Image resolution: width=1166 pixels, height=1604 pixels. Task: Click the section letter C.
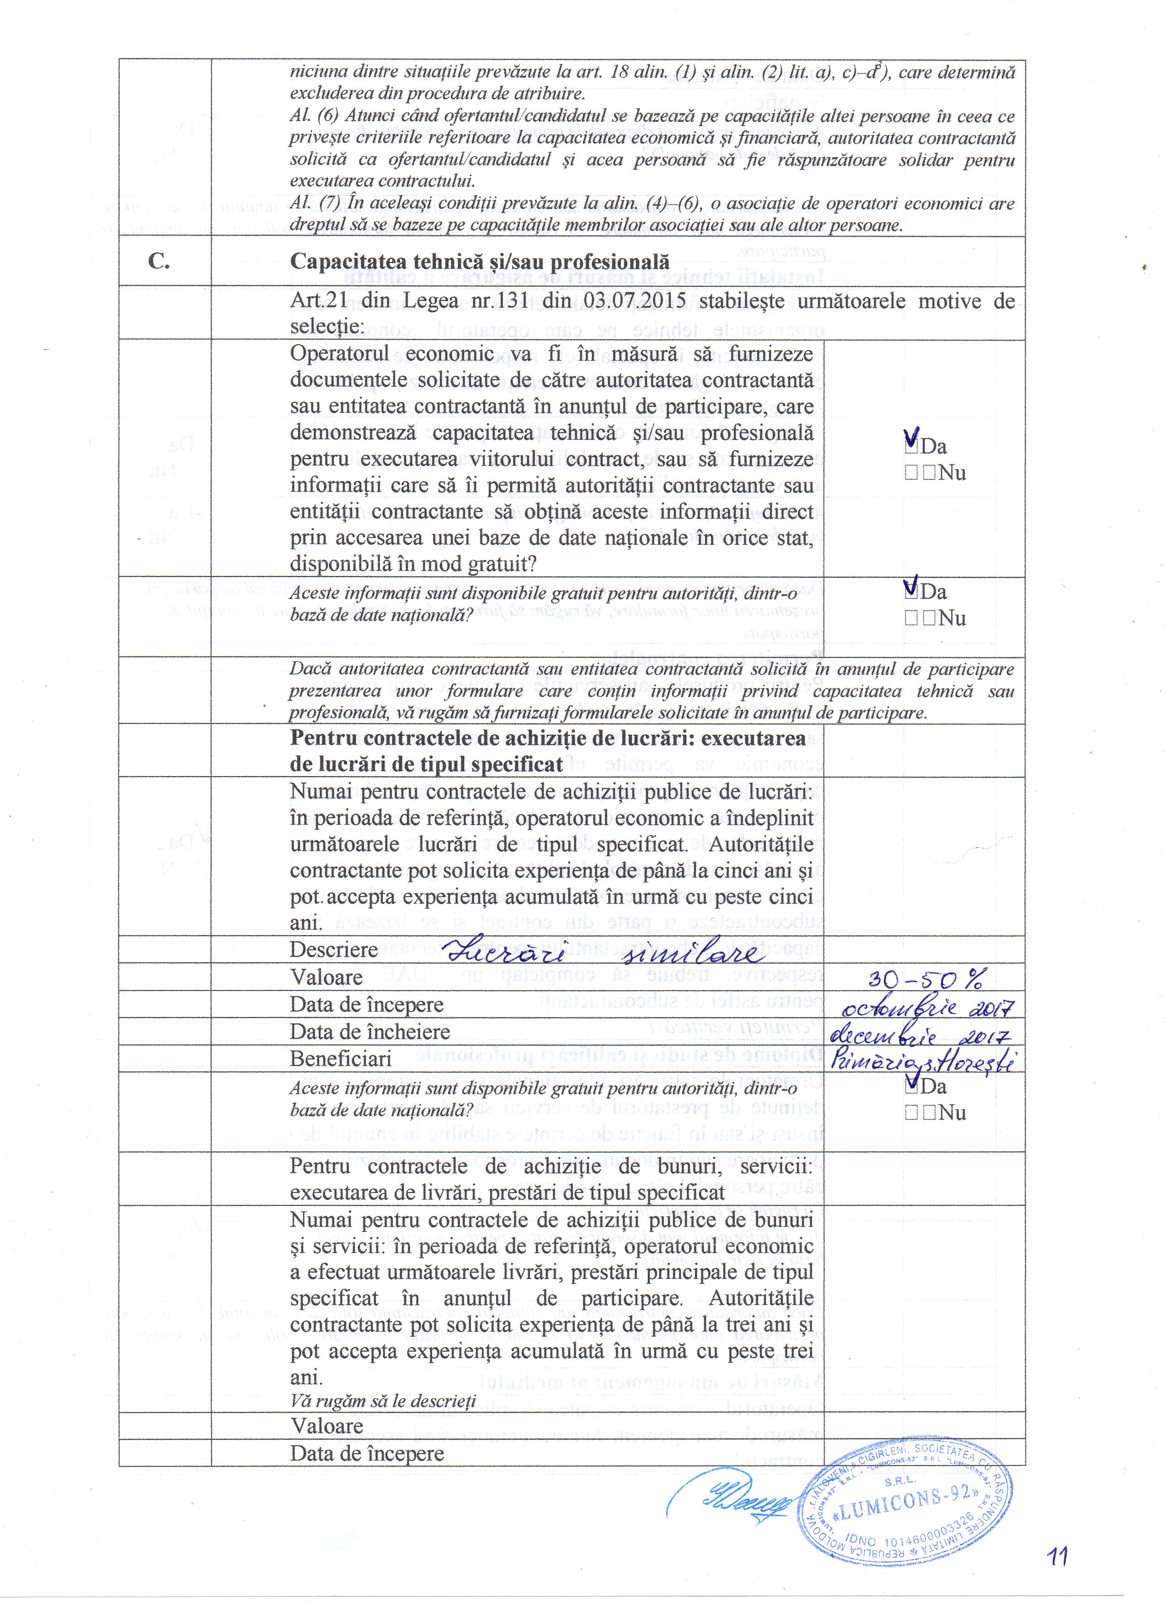click(x=159, y=261)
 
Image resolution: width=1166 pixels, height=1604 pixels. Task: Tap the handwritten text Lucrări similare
click(x=601, y=953)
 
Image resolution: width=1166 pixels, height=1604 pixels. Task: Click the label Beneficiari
click(x=340, y=1059)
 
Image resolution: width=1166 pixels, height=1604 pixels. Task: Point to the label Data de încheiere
click(x=369, y=1032)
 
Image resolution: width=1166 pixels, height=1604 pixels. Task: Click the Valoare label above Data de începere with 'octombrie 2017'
click(x=326, y=977)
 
